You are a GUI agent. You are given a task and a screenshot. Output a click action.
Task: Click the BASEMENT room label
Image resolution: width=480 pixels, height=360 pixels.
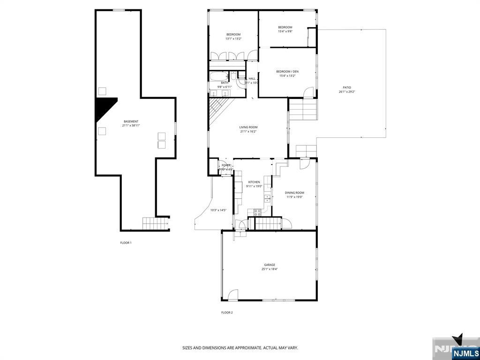131,121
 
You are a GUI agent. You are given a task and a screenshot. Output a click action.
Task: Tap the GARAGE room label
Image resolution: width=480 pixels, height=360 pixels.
269,265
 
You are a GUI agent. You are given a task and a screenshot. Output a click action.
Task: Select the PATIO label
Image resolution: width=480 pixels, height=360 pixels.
347,88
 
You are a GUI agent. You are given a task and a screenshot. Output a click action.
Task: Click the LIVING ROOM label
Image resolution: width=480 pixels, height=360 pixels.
248,127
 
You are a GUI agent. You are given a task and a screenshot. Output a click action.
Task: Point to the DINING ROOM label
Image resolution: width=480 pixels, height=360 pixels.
294,193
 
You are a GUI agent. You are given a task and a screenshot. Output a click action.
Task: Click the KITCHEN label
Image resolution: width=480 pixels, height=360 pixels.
254,182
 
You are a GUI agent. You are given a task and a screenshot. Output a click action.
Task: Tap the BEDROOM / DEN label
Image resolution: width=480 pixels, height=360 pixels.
287,71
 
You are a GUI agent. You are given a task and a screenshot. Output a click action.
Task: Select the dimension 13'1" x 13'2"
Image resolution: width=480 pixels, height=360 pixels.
233,39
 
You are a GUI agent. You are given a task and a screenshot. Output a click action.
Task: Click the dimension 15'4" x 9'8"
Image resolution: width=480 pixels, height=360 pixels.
285,31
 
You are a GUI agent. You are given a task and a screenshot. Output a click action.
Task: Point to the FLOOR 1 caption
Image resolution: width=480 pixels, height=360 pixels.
126,243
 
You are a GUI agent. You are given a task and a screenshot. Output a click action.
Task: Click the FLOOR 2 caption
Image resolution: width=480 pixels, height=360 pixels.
227,312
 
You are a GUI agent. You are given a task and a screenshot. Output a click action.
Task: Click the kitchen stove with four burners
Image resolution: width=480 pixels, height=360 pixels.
257,212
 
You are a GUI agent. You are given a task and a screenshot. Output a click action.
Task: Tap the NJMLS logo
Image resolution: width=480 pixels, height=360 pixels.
465,353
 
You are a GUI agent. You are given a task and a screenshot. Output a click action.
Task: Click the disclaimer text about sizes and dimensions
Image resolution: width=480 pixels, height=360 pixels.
240,348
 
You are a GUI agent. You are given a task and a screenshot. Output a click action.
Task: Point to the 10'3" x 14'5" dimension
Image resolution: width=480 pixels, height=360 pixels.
218,210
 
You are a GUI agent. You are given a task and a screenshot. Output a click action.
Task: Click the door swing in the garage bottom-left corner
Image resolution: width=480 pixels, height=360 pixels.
232,295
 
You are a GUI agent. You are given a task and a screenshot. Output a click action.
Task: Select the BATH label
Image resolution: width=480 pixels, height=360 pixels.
212,82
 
